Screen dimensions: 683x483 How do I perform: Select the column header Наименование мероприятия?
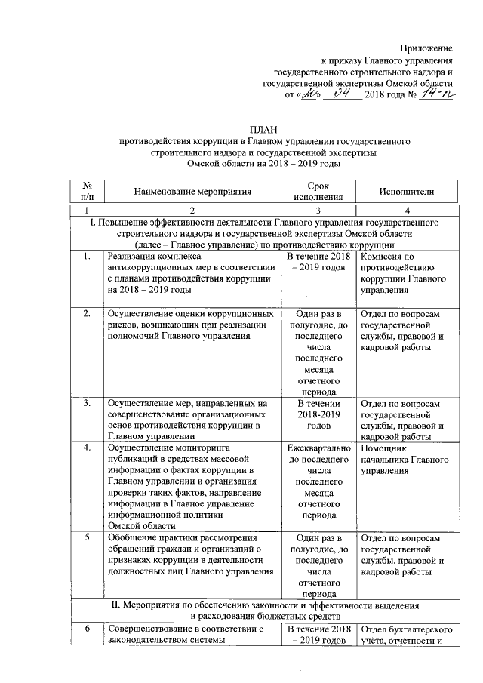point(192,192)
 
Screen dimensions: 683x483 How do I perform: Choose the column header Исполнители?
point(408,192)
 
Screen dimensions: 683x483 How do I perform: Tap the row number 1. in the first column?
point(88,258)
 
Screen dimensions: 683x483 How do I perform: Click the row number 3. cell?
point(88,404)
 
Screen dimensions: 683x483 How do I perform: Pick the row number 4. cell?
point(88,447)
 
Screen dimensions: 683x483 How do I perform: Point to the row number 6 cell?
point(88,629)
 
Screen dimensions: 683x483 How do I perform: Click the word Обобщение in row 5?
point(133,538)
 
